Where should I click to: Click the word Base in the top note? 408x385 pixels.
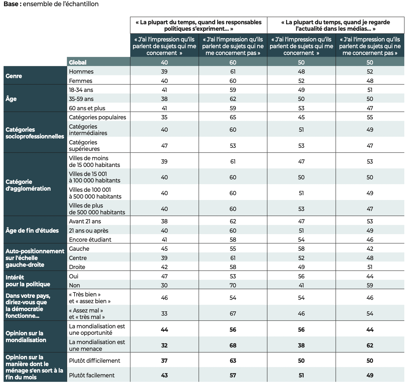[11, 4]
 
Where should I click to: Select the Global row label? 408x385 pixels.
[78, 62]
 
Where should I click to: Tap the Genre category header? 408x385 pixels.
[14, 76]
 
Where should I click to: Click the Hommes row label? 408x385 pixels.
[81, 72]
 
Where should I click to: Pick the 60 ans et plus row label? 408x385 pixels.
[87, 108]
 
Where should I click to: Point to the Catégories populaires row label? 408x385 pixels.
[97, 117]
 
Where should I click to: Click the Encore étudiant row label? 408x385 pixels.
[90, 239]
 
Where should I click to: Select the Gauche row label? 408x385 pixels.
[79, 248]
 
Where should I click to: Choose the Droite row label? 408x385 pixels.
[77, 267]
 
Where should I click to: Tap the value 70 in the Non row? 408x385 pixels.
[233, 285]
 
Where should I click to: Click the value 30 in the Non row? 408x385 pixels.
[164, 285]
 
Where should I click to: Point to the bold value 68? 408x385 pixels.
[233, 345]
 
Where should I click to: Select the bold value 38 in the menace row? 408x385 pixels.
[301, 345]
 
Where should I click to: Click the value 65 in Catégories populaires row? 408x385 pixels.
[233, 117]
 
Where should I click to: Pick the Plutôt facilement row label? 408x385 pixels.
[92, 375]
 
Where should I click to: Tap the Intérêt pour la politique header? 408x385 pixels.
[28, 281]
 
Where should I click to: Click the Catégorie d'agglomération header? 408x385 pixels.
[28, 185]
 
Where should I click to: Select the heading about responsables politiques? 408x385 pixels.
[199, 25]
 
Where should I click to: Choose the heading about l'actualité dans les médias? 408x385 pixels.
[335, 25]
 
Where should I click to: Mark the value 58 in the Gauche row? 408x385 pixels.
[301, 248]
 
